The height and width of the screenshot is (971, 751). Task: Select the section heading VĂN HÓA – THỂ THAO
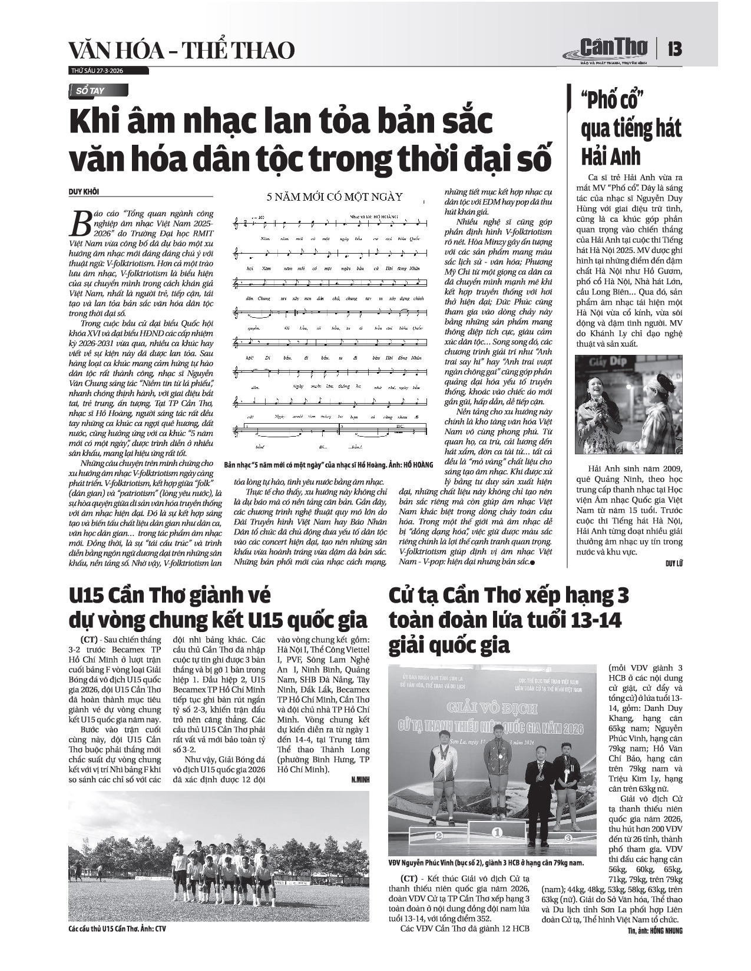pos(181,51)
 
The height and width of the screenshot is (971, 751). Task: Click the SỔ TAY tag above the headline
pos(94,91)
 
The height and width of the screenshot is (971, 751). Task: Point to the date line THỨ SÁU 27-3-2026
pos(97,71)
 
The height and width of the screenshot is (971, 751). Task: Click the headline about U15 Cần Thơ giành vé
pos(217,608)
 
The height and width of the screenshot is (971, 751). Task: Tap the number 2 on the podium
pos(438,835)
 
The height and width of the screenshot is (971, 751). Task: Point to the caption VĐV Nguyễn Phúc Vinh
pos(486,863)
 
